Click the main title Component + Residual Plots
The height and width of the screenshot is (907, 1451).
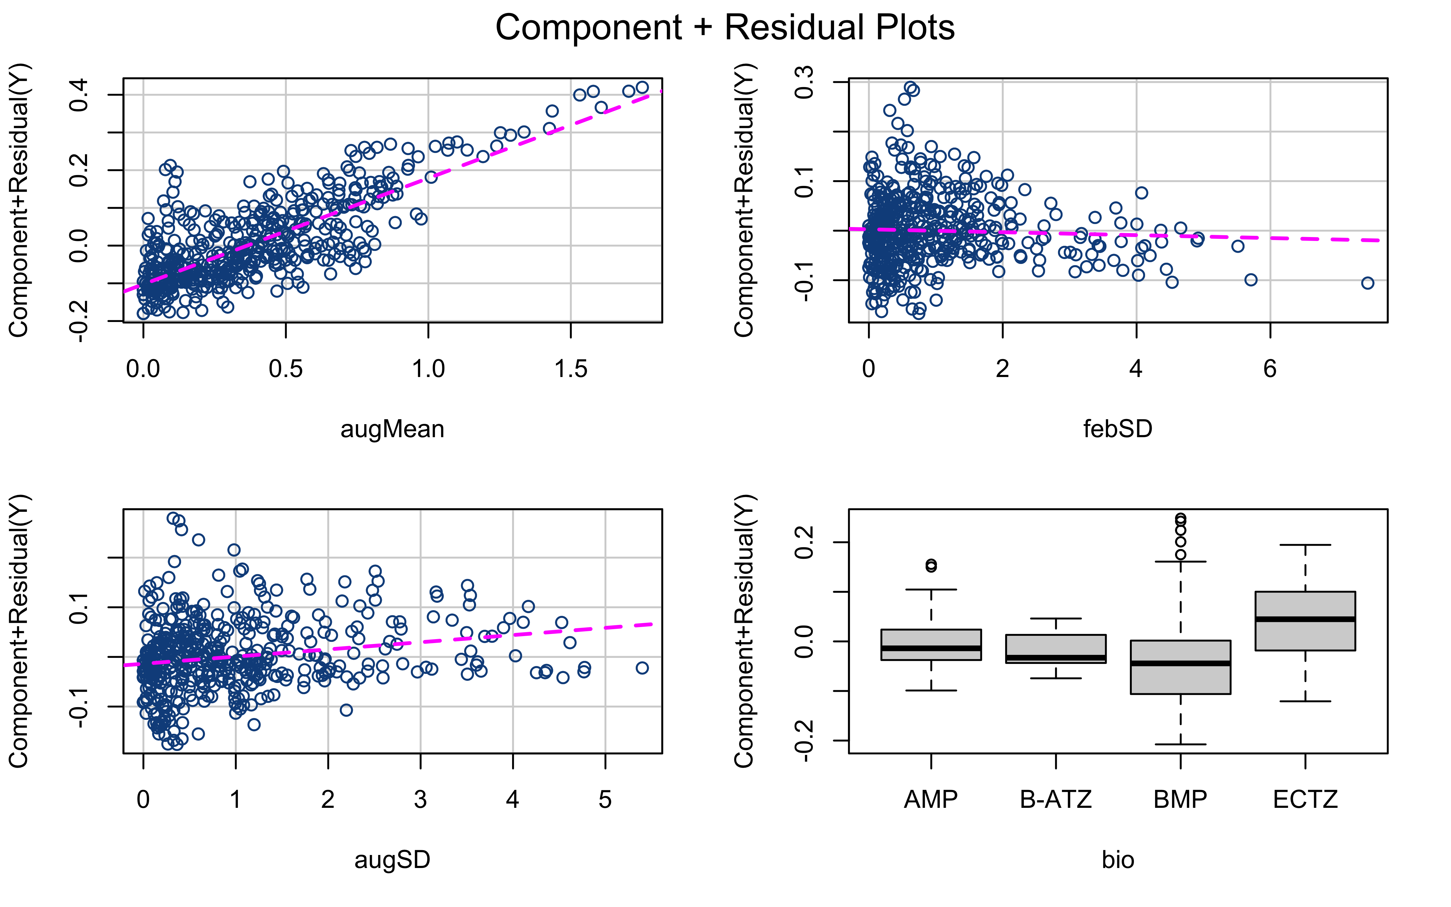725,28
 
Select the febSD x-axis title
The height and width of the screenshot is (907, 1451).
1118,429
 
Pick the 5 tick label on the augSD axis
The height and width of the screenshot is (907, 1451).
605,800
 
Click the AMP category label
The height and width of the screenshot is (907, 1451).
930,800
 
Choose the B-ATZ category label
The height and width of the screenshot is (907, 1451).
1056,800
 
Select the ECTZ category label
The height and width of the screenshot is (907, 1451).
1305,800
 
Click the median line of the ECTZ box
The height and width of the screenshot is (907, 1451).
1305,619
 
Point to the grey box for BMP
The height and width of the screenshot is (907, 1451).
1180,667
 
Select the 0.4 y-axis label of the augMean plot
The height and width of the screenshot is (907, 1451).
79,95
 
